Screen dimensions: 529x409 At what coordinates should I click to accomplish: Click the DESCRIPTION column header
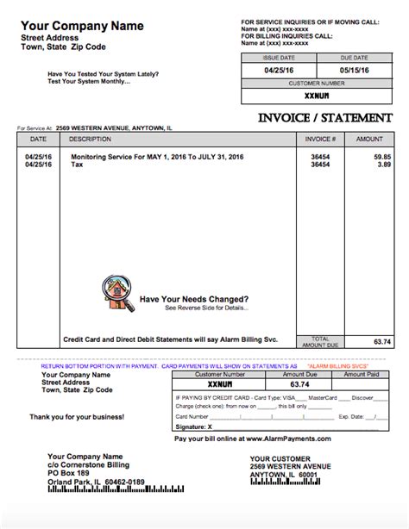[x=91, y=138]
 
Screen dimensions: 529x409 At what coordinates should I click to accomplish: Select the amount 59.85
[x=382, y=156]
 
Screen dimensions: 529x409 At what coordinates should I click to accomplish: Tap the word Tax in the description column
[x=77, y=164]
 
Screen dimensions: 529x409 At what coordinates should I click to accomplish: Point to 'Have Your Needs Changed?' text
[x=194, y=299]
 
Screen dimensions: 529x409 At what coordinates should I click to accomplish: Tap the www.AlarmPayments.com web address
[x=293, y=438]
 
